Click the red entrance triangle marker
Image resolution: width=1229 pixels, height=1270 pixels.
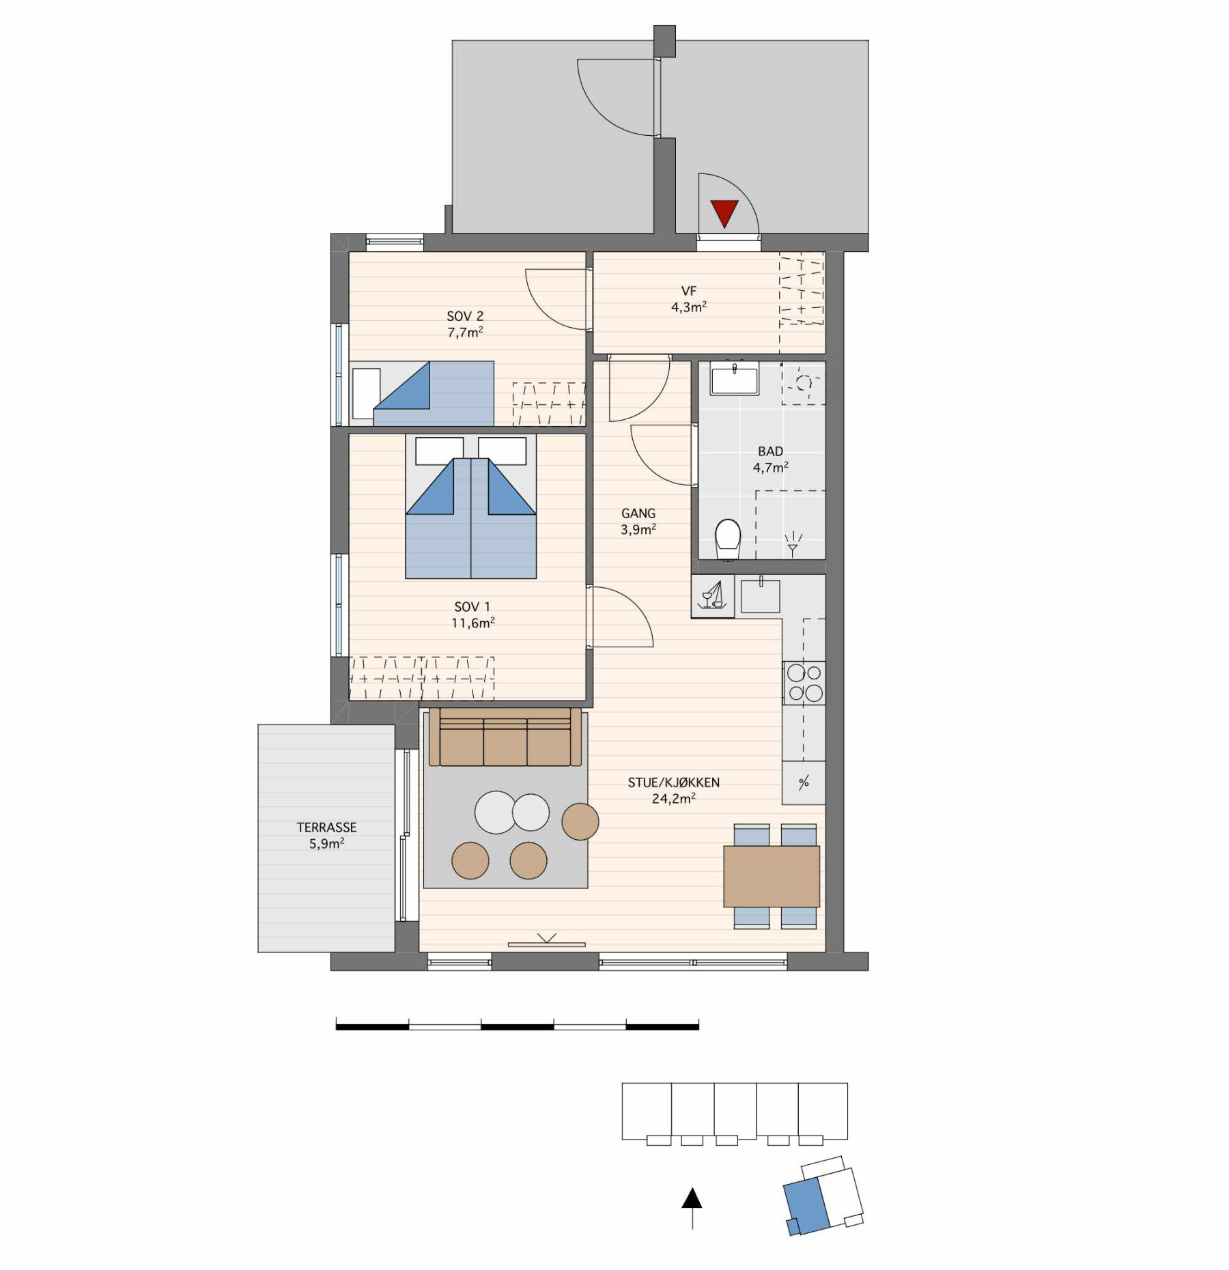[724, 213]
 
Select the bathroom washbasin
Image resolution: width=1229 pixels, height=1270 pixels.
[734, 380]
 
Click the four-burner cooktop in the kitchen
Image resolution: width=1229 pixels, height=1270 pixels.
[804, 683]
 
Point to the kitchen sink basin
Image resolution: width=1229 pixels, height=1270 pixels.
[760, 595]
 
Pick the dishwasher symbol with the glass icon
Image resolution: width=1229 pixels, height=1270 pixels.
[713, 596]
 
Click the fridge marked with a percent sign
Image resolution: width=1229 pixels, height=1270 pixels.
[804, 782]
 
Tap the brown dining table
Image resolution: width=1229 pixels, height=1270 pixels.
[772, 876]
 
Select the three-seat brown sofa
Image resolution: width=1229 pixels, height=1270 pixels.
[505, 737]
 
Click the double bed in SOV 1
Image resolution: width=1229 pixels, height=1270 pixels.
[471, 507]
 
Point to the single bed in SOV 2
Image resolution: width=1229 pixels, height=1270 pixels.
[422, 394]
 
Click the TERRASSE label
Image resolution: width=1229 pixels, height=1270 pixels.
[326, 827]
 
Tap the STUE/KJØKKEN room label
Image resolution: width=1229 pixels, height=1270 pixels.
[674, 782]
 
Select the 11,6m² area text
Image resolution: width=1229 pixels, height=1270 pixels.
[473, 622]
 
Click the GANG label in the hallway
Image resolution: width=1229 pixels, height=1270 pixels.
[638, 513]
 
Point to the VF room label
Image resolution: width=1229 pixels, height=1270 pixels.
[689, 292]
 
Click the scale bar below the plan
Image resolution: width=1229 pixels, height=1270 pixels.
[518, 1025]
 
